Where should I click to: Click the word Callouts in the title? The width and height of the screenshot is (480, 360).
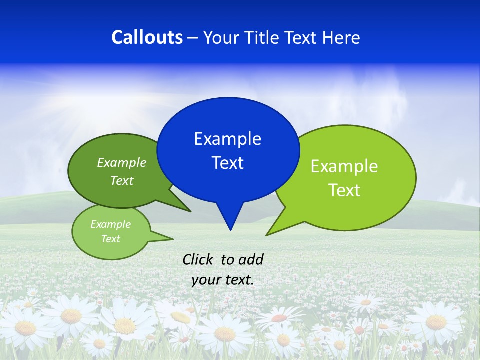point(147,37)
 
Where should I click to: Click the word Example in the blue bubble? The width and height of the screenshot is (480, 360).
point(227,138)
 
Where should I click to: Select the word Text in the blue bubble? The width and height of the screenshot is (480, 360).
point(228,163)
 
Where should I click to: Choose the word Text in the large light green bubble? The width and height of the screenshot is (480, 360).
point(344,190)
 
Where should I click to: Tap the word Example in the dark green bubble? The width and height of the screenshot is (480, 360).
point(122,162)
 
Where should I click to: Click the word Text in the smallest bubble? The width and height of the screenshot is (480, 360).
point(110,239)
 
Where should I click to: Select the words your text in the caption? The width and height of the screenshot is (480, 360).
point(223,280)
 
